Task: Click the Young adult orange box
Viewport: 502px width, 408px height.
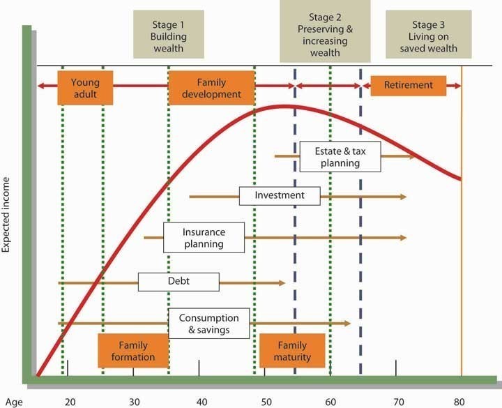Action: tap(85, 87)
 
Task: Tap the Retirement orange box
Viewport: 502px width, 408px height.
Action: tap(408, 85)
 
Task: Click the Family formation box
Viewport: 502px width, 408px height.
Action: tap(133, 351)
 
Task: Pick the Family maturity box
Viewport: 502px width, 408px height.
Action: tap(292, 351)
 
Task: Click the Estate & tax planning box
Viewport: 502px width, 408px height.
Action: tap(340, 156)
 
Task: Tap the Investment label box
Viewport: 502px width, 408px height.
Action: tap(280, 195)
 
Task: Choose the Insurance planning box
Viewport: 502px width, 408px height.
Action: tap(204, 237)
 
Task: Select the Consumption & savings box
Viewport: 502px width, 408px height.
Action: tap(208, 323)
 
